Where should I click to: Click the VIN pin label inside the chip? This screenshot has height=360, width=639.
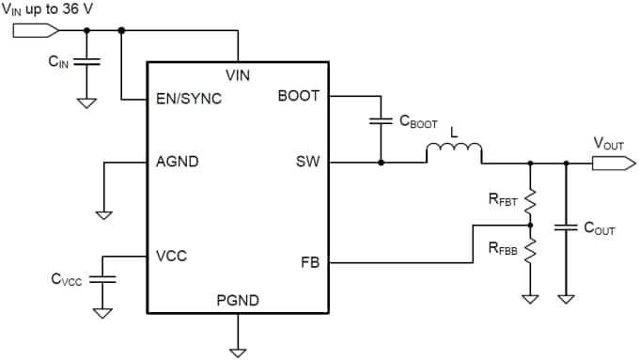(x=238, y=75)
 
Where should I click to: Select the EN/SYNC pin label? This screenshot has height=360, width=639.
(x=189, y=98)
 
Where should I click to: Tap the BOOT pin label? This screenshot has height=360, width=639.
(x=299, y=96)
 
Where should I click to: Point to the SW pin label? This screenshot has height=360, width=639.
(x=307, y=162)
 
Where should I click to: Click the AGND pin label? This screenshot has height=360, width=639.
(x=177, y=162)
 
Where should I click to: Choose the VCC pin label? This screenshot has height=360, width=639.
(x=171, y=256)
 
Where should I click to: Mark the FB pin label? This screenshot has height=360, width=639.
(x=310, y=263)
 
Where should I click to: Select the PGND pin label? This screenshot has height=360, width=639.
(x=238, y=301)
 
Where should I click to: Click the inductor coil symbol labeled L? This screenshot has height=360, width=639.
(x=455, y=152)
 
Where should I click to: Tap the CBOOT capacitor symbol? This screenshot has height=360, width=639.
(x=381, y=120)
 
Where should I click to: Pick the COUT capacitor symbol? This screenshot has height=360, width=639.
(x=566, y=227)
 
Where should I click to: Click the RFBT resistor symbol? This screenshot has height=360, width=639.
(x=530, y=200)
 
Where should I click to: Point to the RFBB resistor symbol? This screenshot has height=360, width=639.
(x=530, y=250)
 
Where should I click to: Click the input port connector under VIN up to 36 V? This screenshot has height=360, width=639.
(x=29, y=30)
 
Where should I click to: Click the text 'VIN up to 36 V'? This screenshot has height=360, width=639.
(x=49, y=8)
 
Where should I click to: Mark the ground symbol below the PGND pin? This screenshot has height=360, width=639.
(x=238, y=352)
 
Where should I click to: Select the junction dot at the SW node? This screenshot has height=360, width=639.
(x=381, y=162)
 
